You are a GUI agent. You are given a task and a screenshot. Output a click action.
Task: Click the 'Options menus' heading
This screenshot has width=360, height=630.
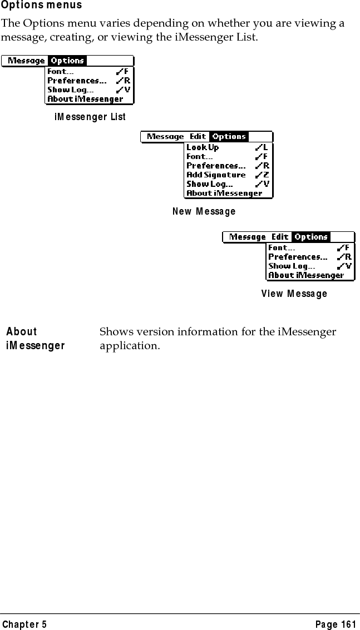tap(42, 6)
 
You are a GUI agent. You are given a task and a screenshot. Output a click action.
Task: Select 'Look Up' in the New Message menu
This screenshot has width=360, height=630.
tap(203, 147)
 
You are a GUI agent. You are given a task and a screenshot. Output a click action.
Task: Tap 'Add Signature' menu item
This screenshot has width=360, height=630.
tap(216, 175)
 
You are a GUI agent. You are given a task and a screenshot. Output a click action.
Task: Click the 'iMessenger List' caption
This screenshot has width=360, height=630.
tap(90, 117)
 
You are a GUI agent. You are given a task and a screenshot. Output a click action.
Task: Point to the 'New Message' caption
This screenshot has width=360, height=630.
tap(204, 211)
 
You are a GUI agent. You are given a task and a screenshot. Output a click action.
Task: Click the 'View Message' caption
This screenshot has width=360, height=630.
tap(294, 293)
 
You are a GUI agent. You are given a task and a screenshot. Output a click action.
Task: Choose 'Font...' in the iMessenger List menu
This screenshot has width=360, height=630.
tap(61, 71)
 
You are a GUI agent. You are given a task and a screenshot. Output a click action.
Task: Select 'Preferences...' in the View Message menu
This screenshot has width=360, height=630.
tap(298, 257)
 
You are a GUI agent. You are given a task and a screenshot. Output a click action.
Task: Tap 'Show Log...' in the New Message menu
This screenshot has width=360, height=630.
tap(209, 184)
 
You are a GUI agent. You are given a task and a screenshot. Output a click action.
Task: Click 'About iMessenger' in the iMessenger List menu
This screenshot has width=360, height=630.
tap(85, 99)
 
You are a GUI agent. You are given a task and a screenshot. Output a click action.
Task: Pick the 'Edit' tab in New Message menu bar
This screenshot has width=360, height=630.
tap(198, 137)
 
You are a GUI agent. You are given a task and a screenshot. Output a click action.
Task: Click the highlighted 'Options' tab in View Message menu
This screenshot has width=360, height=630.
tap(311, 237)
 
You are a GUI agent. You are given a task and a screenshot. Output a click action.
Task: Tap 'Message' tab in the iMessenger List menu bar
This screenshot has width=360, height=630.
tap(26, 61)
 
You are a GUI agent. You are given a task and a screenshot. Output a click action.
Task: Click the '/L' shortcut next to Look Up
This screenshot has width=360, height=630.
tap(262, 147)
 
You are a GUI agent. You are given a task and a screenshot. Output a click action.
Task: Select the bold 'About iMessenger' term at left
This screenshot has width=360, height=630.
tap(36, 339)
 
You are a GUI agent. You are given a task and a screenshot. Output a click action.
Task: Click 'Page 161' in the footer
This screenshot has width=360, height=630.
tap(335, 624)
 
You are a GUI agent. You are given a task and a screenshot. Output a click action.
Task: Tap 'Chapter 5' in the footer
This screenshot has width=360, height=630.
tap(24, 624)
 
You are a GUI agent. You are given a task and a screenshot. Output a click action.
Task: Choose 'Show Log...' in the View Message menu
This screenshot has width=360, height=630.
tap(292, 266)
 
